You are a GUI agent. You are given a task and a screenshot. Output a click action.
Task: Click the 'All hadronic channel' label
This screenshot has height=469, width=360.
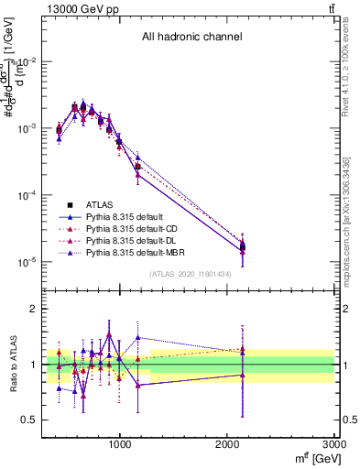[191, 38]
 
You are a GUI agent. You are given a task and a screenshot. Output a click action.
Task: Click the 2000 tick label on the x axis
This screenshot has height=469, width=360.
[228, 448]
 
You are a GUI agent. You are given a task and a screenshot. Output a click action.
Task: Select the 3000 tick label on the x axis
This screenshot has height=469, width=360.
[335, 448]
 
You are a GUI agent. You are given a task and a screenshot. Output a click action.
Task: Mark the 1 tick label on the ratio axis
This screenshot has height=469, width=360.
[31, 365]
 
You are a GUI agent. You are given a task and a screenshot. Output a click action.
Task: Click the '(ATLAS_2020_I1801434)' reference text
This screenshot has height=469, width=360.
[191, 274]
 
